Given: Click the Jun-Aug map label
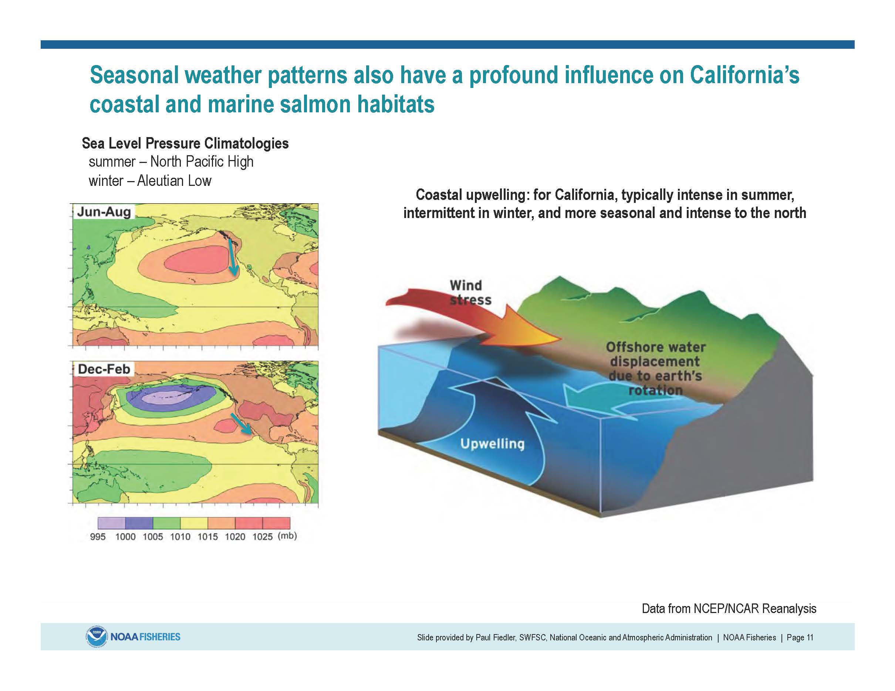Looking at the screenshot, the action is click(104, 212).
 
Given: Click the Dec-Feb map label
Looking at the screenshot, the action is click(104, 369).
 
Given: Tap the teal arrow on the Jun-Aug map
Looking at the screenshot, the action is click(232, 259).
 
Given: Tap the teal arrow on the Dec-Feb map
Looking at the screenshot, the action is click(240, 423).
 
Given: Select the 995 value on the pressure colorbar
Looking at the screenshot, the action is click(98, 537).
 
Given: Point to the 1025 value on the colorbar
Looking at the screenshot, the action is click(262, 537).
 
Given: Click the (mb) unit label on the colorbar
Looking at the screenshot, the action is click(287, 536).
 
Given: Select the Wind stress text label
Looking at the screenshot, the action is click(470, 292).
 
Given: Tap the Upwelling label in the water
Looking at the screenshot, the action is click(492, 444).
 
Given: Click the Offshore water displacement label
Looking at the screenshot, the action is click(656, 368).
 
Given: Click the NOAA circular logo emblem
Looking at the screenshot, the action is click(96, 637).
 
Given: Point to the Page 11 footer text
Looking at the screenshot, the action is click(800, 637).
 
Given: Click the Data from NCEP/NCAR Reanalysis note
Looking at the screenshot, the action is click(729, 609).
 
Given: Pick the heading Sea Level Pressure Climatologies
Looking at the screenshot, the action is click(185, 143).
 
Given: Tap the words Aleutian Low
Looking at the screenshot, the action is click(174, 181).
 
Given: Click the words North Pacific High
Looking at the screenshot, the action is click(202, 162).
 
